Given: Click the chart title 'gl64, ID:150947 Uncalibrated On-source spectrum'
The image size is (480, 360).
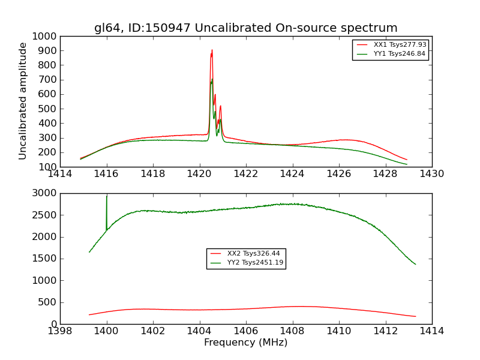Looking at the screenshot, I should [x=245, y=28].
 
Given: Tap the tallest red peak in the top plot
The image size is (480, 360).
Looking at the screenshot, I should [x=212, y=50].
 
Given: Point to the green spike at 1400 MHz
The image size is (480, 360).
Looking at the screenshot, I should [x=107, y=197].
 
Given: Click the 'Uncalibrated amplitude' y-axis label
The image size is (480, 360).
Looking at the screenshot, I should [x=23, y=101].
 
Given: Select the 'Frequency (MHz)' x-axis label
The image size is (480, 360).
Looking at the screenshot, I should [x=245, y=343].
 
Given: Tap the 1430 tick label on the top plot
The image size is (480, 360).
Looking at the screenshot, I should [x=431, y=174].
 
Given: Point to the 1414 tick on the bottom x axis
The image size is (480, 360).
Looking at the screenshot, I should [x=431, y=331].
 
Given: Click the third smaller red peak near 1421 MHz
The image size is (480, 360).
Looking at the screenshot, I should [x=220, y=107].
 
